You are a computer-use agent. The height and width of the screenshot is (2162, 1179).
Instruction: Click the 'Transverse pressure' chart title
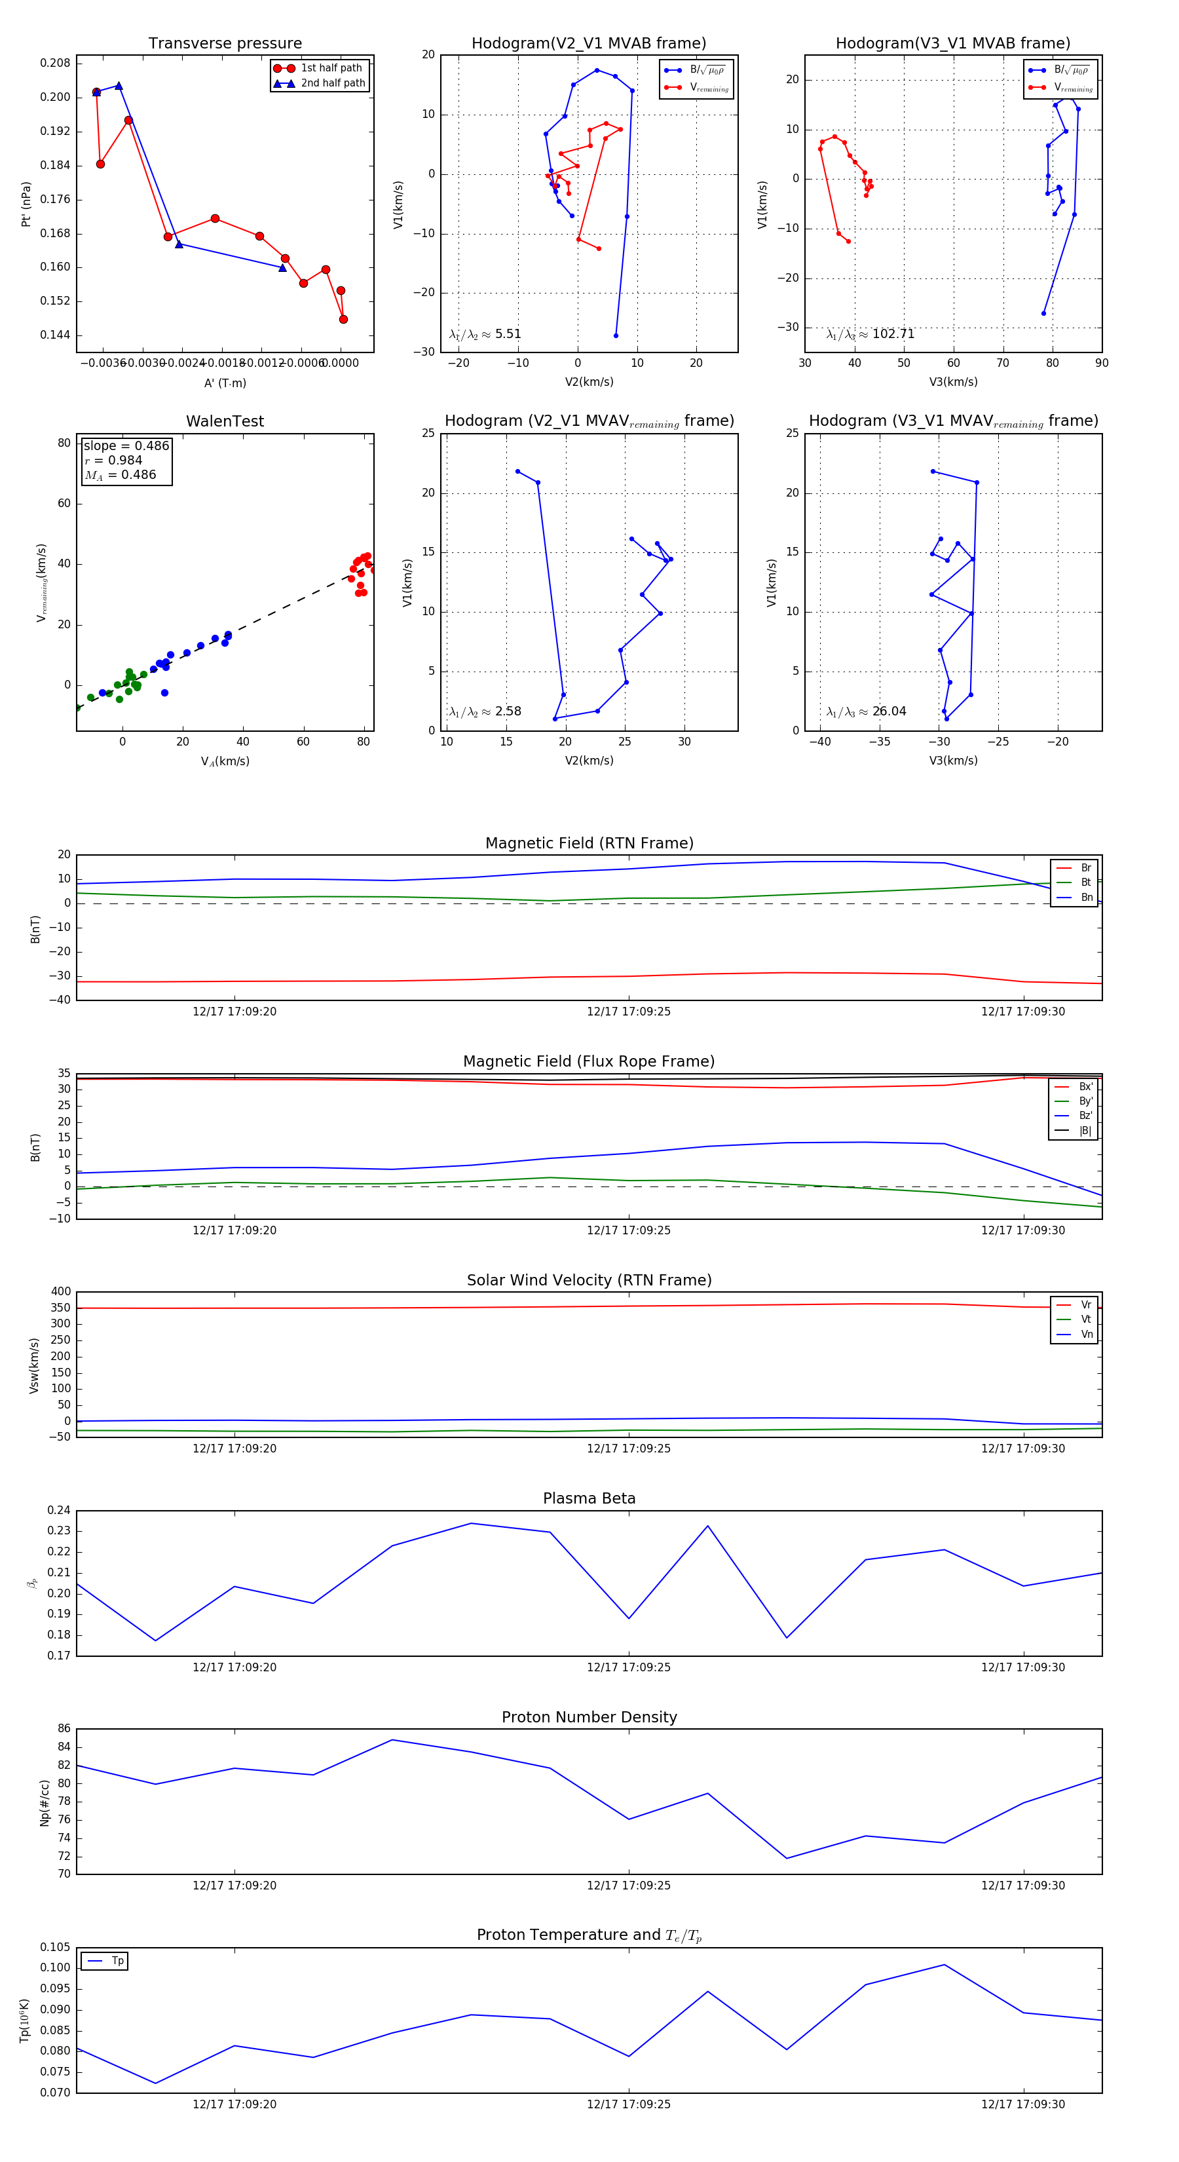(225, 44)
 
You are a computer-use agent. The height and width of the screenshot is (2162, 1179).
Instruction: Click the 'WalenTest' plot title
(225, 421)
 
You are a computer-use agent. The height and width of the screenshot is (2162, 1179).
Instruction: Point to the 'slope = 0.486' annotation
(126, 446)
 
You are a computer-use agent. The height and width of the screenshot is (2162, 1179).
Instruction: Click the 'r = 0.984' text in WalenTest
(113, 460)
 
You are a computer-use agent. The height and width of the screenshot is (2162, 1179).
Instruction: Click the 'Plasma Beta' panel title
(589, 1499)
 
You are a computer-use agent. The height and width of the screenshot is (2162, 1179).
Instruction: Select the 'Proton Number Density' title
(589, 1717)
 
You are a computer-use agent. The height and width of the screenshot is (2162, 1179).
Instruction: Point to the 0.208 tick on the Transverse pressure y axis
(56, 63)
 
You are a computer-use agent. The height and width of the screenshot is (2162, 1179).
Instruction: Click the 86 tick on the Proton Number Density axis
(64, 1729)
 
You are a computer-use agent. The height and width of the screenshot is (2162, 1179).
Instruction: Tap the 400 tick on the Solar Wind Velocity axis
(60, 1292)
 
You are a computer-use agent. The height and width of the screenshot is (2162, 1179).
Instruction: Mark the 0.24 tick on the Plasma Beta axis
(59, 1511)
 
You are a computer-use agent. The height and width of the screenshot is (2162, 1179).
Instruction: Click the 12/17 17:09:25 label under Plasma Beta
(629, 1667)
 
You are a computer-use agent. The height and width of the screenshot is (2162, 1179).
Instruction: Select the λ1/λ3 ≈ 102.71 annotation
(870, 334)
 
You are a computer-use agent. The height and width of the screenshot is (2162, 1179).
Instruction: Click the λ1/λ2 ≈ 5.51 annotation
(485, 334)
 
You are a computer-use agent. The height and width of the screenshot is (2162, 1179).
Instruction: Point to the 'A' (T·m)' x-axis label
(225, 383)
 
